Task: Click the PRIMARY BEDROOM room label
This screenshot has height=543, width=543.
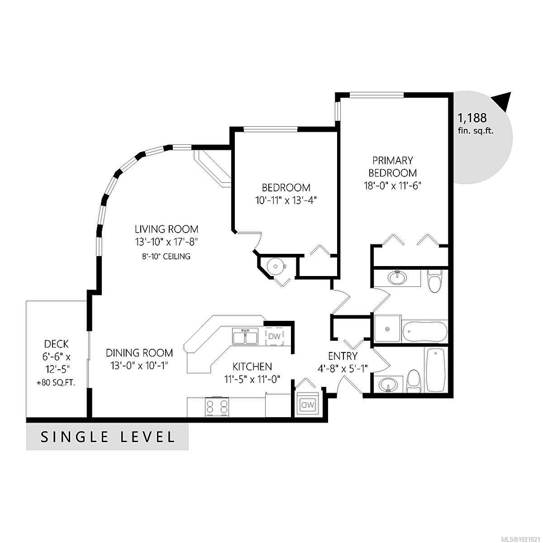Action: [x=392, y=167]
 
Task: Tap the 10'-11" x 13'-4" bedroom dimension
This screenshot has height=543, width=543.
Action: [x=286, y=200]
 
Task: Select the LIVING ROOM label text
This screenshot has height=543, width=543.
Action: [x=166, y=229]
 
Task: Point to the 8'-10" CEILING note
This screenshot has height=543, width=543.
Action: [x=166, y=257]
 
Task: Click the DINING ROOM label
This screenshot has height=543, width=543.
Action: [x=139, y=352]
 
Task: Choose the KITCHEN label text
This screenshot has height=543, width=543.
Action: [x=252, y=366]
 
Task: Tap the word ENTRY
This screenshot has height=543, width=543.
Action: [x=343, y=356]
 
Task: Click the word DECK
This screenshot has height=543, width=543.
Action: [x=57, y=344]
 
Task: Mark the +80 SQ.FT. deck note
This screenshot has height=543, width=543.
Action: [x=56, y=382]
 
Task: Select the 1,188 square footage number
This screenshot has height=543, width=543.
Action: [x=472, y=118]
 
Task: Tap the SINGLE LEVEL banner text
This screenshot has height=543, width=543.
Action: [x=108, y=437]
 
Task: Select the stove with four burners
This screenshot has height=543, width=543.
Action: [x=217, y=407]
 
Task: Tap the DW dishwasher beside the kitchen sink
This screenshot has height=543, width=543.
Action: [x=274, y=336]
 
